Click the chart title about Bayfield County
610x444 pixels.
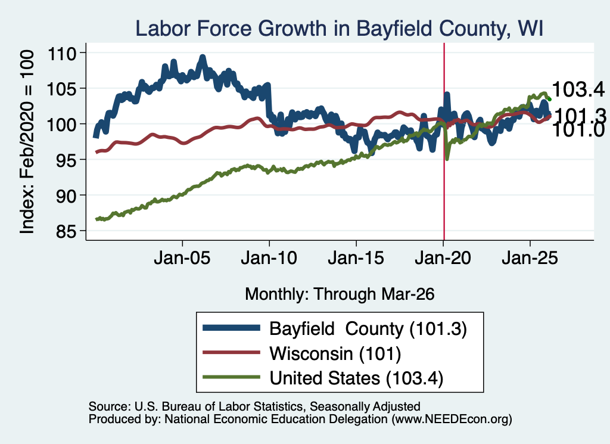point(339,29)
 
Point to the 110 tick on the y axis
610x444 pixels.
point(62,53)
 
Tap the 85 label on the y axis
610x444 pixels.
point(66,231)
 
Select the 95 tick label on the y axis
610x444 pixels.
point(66,160)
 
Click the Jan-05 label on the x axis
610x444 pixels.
point(182,257)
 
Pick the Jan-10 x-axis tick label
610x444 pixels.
point(269,257)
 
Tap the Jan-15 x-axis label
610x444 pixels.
point(356,257)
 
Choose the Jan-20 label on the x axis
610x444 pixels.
point(443,257)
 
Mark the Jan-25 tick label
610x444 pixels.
point(530,257)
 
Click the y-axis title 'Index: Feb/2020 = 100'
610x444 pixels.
point(27,142)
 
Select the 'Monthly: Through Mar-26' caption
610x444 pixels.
point(340,294)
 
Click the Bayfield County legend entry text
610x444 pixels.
point(368,329)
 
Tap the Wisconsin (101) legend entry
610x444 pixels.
point(335,353)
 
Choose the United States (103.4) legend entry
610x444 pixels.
point(356,378)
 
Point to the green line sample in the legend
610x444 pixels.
point(231,377)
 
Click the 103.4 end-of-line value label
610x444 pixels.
point(578,89)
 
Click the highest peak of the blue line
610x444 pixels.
point(203,58)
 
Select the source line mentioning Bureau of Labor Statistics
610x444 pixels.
point(254,406)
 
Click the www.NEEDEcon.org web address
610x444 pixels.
point(452,419)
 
